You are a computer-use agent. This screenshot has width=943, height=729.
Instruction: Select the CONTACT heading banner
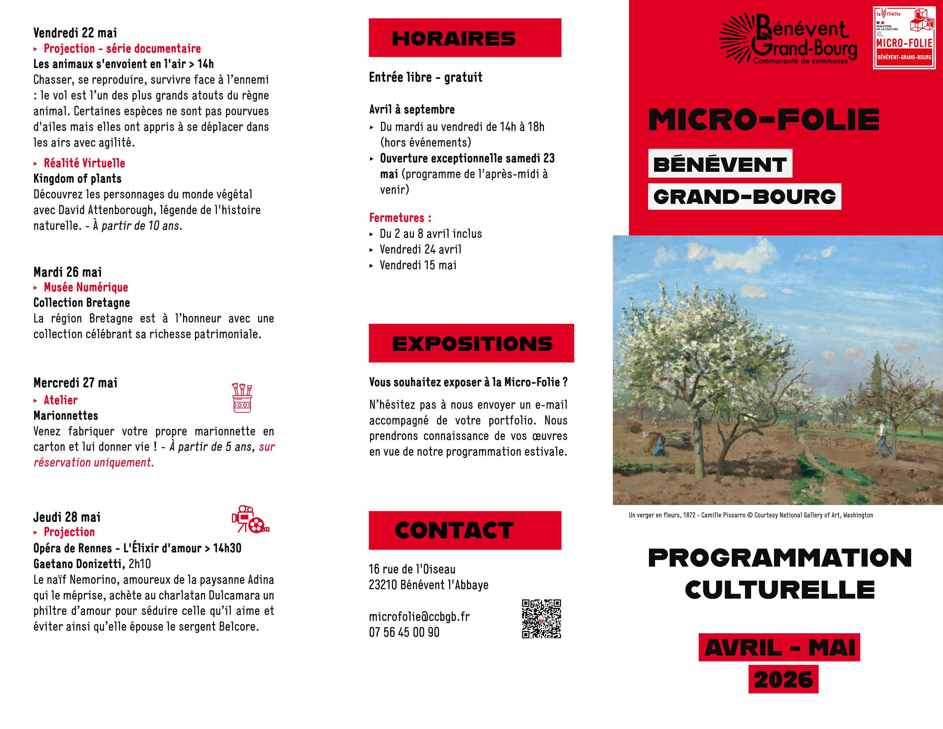(x=465, y=530)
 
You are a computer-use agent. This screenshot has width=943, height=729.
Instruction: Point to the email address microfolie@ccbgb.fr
(x=419, y=616)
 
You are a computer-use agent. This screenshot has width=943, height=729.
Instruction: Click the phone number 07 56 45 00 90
(x=404, y=632)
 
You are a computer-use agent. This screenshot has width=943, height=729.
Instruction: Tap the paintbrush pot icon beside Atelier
(x=242, y=397)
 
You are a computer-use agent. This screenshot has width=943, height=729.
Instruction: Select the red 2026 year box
(x=783, y=679)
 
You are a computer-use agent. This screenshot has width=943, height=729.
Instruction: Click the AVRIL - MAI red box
(x=779, y=647)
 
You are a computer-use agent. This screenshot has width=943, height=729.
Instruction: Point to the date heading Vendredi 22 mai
(x=75, y=33)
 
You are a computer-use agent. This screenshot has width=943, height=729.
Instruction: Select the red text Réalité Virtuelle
(x=84, y=163)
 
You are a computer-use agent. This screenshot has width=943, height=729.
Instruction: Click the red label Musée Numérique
(x=86, y=287)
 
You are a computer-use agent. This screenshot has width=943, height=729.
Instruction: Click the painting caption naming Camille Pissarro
(x=750, y=515)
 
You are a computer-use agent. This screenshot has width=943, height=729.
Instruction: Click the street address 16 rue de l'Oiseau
(x=412, y=569)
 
